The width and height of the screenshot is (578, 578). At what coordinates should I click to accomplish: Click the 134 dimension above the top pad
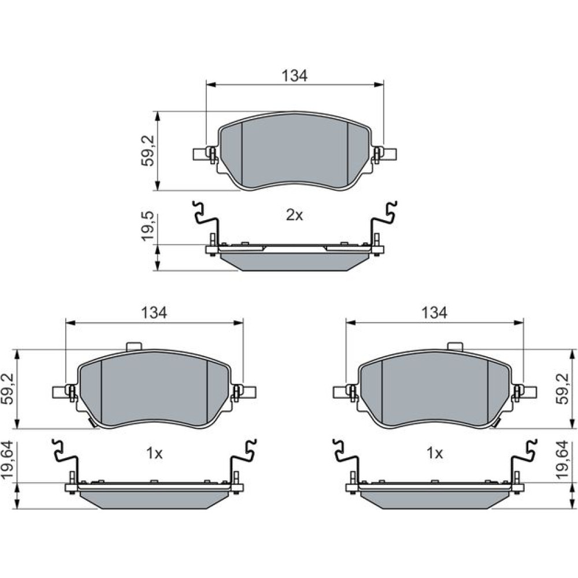pyautogui.click(x=294, y=76)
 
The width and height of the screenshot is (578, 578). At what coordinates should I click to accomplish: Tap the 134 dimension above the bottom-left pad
pyautogui.click(x=154, y=312)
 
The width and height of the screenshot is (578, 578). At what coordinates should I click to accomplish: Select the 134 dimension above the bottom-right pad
pyautogui.click(x=434, y=312)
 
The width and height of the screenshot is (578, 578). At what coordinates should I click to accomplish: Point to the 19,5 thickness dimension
pyautogui.click(x=148, y=227)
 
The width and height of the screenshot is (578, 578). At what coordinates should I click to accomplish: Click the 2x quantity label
pyautogui.click(x=294, y=215)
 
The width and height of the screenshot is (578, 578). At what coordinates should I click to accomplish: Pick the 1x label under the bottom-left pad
pyautogui.click(x=154, y=453)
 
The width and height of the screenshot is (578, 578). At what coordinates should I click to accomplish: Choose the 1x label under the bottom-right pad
pyautogui.click(x=435, y=453)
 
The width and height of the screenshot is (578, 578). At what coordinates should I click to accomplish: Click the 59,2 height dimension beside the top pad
pyautogui.click(x=148, y=151)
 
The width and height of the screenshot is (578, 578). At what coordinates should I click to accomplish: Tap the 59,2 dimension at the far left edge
pyautogui.click(x=8, y=388)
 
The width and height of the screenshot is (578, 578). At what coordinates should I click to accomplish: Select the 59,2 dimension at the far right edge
pyautogui.click(x=563, y=388)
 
